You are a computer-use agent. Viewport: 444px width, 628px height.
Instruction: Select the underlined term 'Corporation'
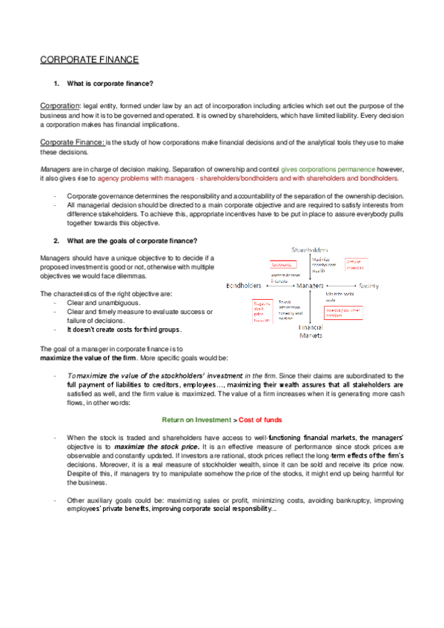pos(60,106)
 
